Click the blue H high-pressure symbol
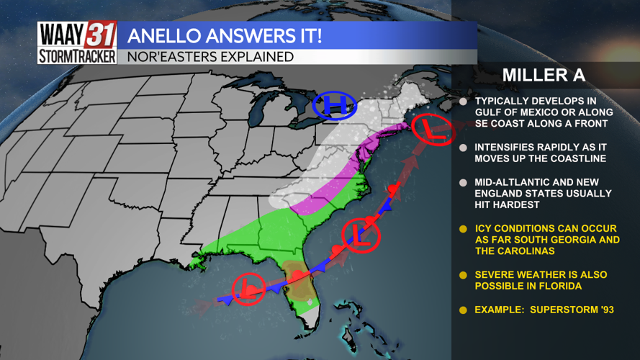click(x=335, y=107)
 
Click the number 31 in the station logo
click(x=101, y=35)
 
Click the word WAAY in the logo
click(x=62, y=35)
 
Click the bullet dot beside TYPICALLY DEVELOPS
click(x=464, y=102)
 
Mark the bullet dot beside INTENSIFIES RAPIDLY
click(x=464, y=148)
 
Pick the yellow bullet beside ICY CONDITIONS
click(x=464, y=230)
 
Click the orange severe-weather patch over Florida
click(x=295, y=276)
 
